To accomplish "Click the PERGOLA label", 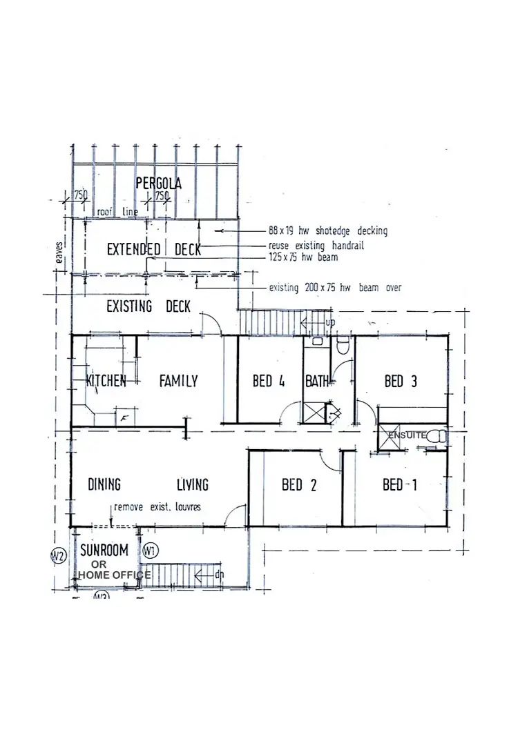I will coord(158,184).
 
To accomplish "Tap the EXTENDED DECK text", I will coord(153,250).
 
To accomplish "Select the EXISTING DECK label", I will coord(148,306).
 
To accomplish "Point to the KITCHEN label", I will coord(106,381).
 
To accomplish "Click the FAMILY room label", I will coord(178,381).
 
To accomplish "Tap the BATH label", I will coord(318,381).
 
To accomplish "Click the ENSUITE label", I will coord(407,436).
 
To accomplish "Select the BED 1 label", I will coord(400,485).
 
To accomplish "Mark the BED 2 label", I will coord(299,485).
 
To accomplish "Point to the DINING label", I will coord(104,484).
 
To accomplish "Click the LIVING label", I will coord(192,484).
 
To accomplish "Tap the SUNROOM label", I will coord(105,551).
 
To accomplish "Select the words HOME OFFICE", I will coord(114,575).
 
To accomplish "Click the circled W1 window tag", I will coord(150,551).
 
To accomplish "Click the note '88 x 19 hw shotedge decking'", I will coord(327,231).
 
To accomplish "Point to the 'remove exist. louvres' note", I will coord(157,507).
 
